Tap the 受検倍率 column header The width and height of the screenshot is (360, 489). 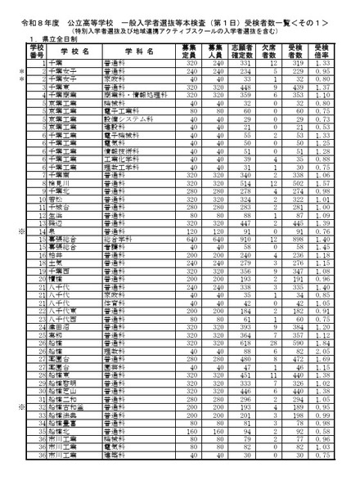tap(322, 51)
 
